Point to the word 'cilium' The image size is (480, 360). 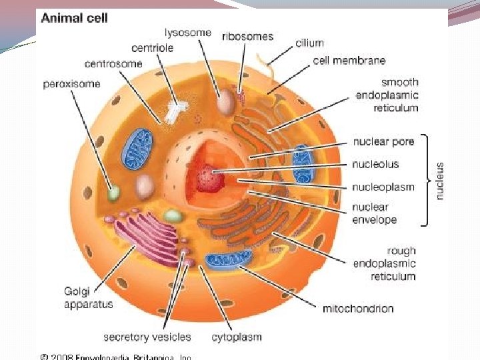309,43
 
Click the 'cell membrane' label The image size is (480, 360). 349,61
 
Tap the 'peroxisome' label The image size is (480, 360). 71,85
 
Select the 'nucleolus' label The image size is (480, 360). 375,164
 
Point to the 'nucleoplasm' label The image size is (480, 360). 383,187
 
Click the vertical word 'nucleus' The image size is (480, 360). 441,181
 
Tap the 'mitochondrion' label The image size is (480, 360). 358,308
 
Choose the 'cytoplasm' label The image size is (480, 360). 236,337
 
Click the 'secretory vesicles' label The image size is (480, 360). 147,337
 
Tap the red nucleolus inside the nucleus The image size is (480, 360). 211,179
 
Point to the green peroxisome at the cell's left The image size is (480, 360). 115,194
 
